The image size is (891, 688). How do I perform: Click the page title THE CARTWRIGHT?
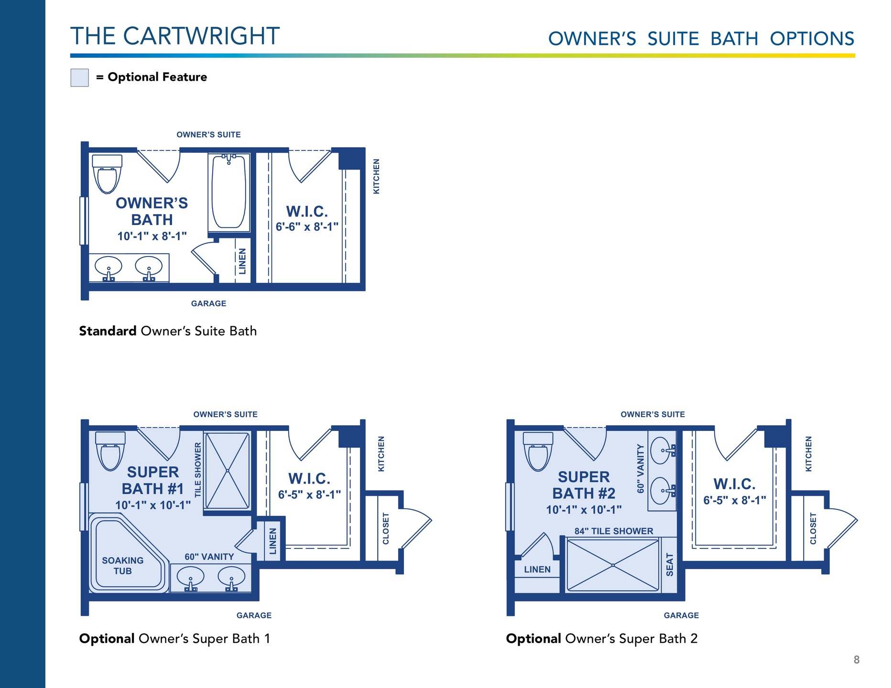175,36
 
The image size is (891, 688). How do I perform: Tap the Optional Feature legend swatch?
79,77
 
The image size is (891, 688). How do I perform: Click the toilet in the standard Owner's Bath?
107,173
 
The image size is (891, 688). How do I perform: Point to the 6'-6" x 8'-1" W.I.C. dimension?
307,226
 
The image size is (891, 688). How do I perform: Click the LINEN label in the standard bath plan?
242,261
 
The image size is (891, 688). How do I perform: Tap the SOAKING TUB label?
122,566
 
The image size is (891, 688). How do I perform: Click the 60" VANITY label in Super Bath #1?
209,557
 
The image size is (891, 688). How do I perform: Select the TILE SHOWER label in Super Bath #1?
198,470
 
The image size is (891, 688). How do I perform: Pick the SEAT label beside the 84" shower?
670,565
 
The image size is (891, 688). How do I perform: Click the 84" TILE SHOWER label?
614,531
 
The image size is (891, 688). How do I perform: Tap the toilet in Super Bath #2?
538,451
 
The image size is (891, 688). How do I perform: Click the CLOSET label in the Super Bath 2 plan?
813,528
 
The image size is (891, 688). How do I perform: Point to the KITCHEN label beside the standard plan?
376,176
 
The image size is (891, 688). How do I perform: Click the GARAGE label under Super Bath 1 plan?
254,615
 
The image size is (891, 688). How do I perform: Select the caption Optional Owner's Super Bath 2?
602,639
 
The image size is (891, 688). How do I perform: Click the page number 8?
857,660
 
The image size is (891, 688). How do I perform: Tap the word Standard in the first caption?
108,331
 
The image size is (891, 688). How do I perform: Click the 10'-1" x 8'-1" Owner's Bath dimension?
152,236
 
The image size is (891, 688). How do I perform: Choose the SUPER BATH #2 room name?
584,485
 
